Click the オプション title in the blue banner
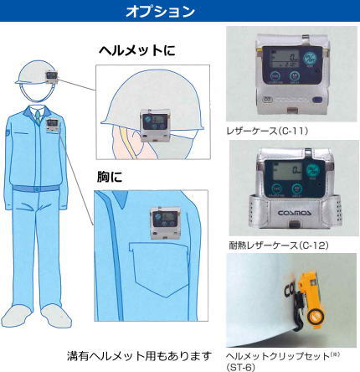[x=160, y=11]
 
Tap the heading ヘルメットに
[x=137, y=50]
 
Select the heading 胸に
[x=110, y=177]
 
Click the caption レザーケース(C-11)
[x=268, y=131]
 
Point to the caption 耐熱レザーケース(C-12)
[x=279, y=245]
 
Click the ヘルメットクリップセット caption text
[x=278, y=356]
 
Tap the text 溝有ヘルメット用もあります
[x=139, y=356]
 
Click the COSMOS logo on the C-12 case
[x=295, y=213]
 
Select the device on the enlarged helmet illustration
[x=155, y=125]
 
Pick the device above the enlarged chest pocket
[x=164, y=223]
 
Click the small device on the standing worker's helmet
[x=52, y=77]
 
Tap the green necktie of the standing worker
[x=38, y=117]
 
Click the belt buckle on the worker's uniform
[x=36, y=189]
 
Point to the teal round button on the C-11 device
[x=309, y=59]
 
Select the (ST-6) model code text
[x=240, y=367]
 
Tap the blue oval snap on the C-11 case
[x=317, y=100]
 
